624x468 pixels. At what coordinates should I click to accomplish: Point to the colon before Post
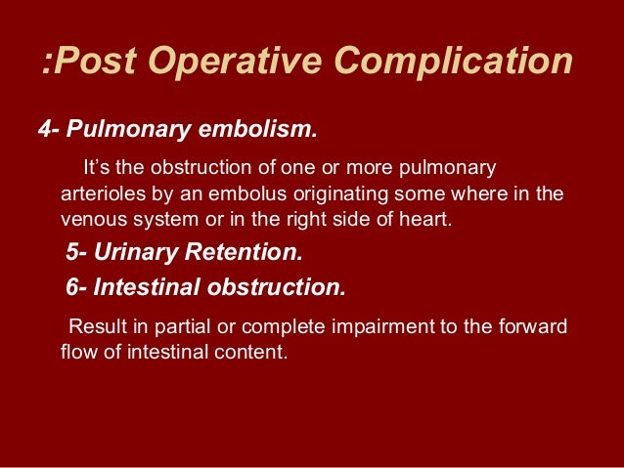[x=47, y=64]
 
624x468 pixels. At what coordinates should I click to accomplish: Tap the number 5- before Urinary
[x=76, y=254]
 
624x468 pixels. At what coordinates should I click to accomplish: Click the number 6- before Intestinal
[x=77, y=288]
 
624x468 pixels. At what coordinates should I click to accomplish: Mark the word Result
[x=95, y=326]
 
